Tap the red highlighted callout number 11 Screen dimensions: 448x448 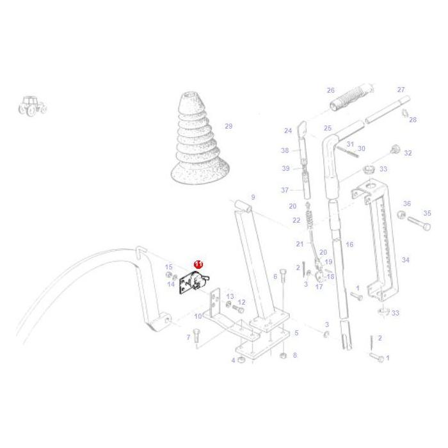198,264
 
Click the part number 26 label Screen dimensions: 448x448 331,90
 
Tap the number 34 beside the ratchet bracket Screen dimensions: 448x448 405,260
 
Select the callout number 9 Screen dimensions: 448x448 253,197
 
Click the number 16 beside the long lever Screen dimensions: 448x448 349,244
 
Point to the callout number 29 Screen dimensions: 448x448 228,126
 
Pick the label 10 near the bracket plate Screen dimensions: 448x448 198,316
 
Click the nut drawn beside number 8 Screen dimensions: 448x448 283,355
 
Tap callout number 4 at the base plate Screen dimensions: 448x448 233,360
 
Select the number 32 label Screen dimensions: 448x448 408,153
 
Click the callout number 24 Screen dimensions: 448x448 288,131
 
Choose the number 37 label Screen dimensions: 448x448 285,190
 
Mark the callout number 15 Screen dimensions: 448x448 169,267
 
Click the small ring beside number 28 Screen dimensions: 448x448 404,114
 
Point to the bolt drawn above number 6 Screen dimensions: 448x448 282,275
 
